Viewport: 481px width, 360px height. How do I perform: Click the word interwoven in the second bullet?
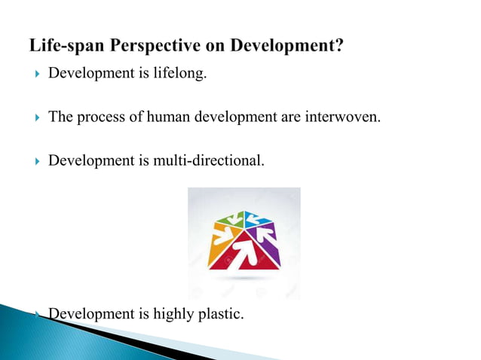point(335,117)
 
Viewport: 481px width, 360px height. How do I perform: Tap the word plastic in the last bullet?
point(221,313)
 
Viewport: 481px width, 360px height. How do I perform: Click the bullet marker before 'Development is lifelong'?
point(34,76)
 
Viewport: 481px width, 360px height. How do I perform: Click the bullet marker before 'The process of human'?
point(34,117)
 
